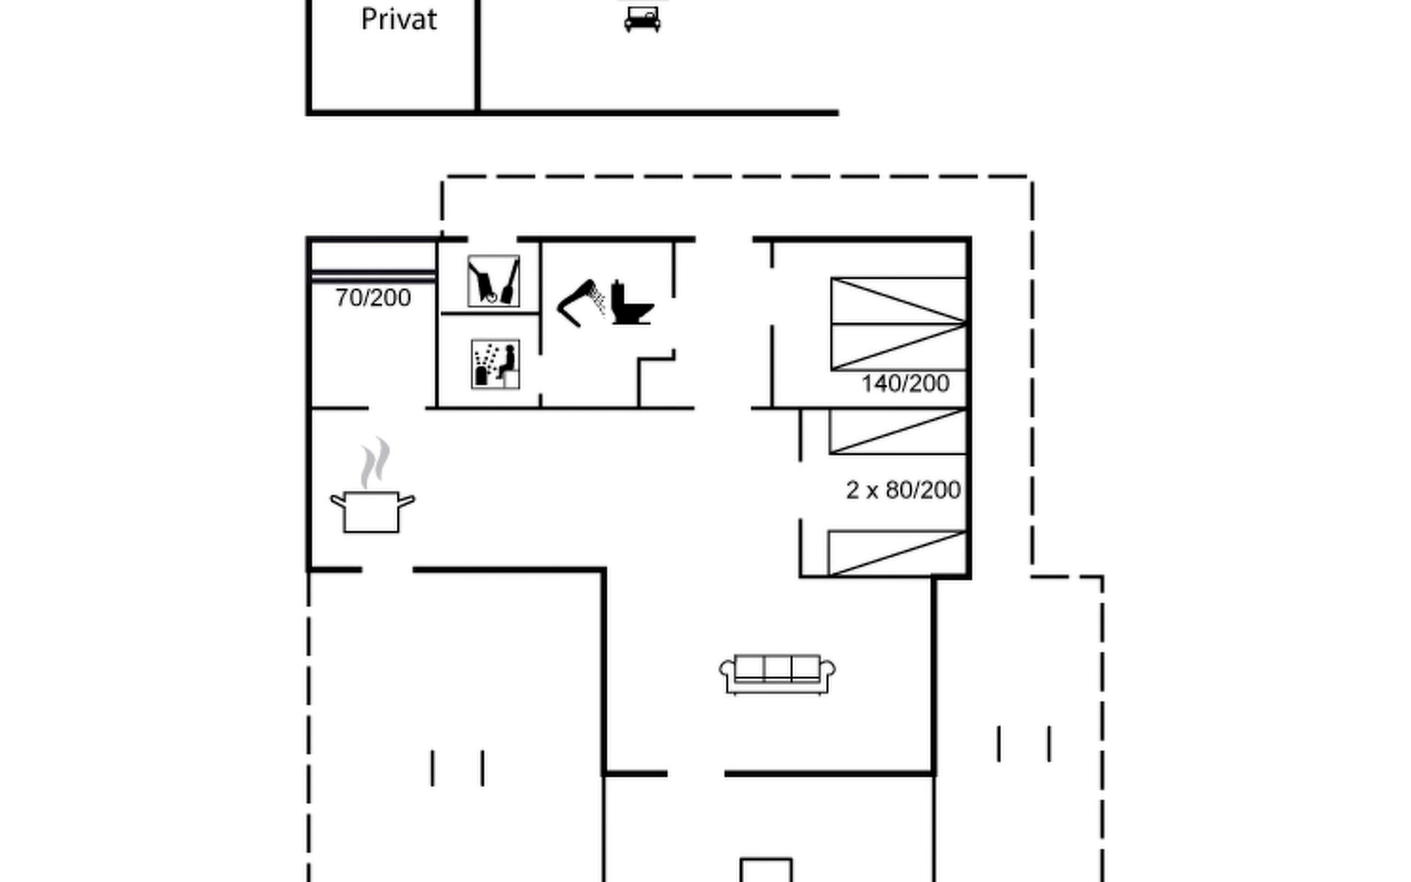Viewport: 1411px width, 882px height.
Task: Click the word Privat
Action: point(399,20)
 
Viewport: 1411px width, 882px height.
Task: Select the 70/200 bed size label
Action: point(373,298)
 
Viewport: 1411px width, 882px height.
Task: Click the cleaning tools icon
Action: point(494,281)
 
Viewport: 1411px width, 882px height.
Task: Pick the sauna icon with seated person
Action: point(495,363)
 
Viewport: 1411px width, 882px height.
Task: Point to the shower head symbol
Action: point(583,302)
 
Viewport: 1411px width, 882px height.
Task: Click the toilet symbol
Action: point(631,302)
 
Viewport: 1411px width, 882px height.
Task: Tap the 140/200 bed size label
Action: point(905,384)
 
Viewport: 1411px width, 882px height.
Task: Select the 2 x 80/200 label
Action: point(903,490)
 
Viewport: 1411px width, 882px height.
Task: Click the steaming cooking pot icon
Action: point(372,509)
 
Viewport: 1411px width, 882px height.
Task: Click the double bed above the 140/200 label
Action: point(898,323)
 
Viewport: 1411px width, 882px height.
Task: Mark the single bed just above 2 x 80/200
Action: point(897,431)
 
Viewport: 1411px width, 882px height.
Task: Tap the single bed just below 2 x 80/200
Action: point(897,553)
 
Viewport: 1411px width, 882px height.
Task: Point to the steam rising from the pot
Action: point(376,463)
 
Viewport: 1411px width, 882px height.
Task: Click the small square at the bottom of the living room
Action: point(766,870)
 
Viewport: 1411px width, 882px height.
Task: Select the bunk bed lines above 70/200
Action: point(373,276)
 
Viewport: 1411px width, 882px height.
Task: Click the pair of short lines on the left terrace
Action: point(457,768)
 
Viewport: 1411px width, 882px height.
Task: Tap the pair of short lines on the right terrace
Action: point(1024,744)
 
